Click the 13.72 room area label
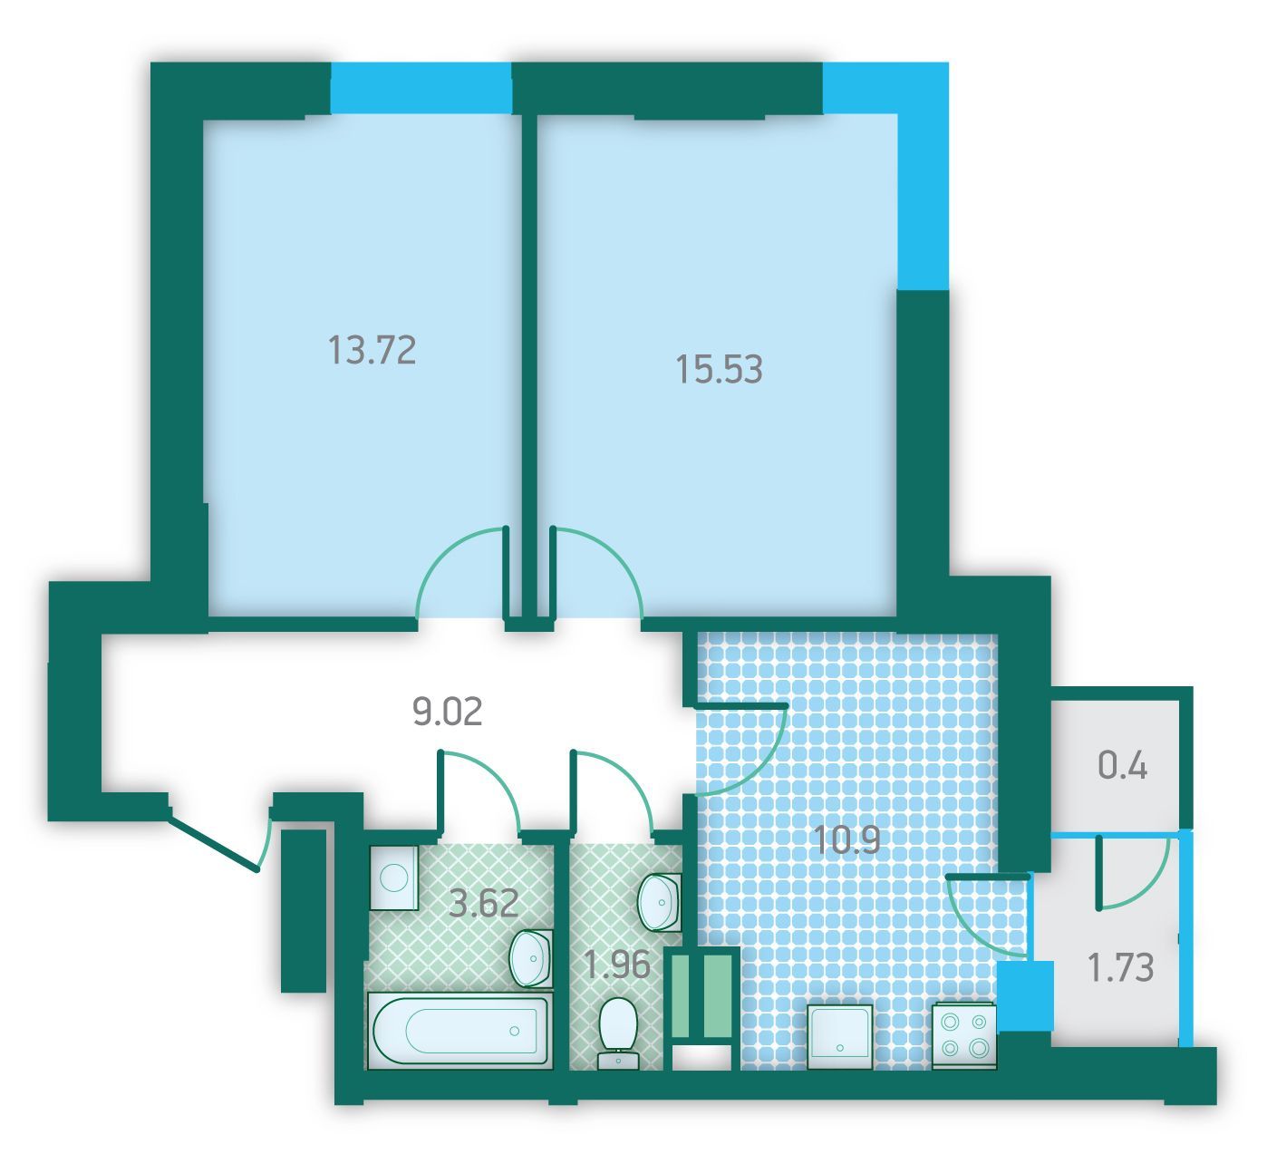pos(372,351)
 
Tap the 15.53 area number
pos(719,369)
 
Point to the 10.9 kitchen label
pos(846,840)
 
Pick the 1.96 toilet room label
pos(617,965)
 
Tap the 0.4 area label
pos(1122,766)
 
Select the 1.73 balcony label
pos(1121,967)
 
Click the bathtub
pos(459,1031)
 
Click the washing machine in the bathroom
pos(393,878)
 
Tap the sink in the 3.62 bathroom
pos(531,958)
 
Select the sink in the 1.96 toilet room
pos(660,903)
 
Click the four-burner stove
pos(963,1037)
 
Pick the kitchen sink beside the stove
pos(840,1037)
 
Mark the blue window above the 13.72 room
pos(421,88)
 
